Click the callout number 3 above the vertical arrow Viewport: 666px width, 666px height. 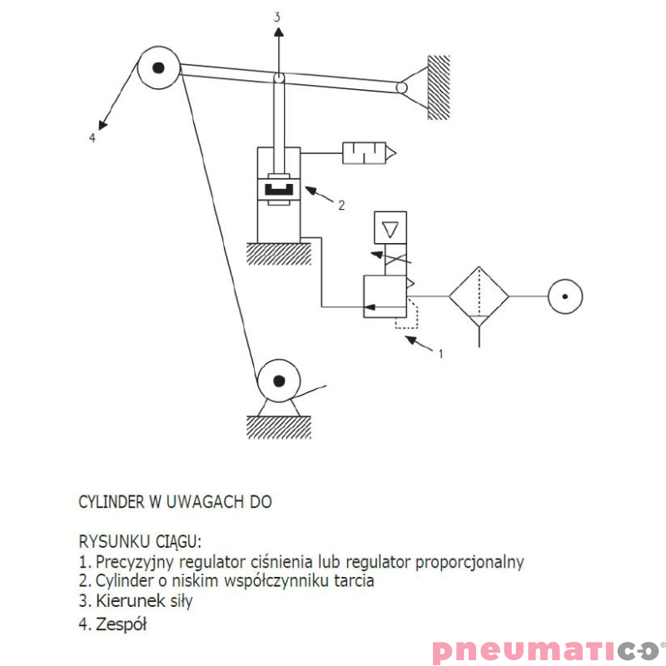click(x=277, y=17)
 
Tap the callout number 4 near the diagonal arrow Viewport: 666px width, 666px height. click(x=92, y=137)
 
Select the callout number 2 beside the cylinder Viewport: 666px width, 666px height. click(x=341, y=205)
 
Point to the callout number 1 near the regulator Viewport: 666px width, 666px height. click(x=441, y=353)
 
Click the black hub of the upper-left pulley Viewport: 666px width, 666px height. click(x=158, y=67)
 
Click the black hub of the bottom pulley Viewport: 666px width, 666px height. click(x=279, y=381)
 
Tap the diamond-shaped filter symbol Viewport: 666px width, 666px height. click(x=480, y=296)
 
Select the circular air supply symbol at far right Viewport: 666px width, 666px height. click(x=565, y=296)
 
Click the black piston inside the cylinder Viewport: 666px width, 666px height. click(x=279, y=189)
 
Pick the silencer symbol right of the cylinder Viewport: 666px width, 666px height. click(x=369, y=153)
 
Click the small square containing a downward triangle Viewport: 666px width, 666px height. click(x=390, y=227)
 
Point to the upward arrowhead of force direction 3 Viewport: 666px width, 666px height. click(x=278, y=32)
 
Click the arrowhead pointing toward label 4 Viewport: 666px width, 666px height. click(x=102, y=125)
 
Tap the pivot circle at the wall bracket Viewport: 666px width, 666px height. click(x=401, y=87)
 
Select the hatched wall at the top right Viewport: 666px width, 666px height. click(x=439, y=87)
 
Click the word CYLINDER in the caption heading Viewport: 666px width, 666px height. click(x=112, y=502)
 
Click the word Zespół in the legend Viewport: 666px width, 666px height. click(x=121, y=624)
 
